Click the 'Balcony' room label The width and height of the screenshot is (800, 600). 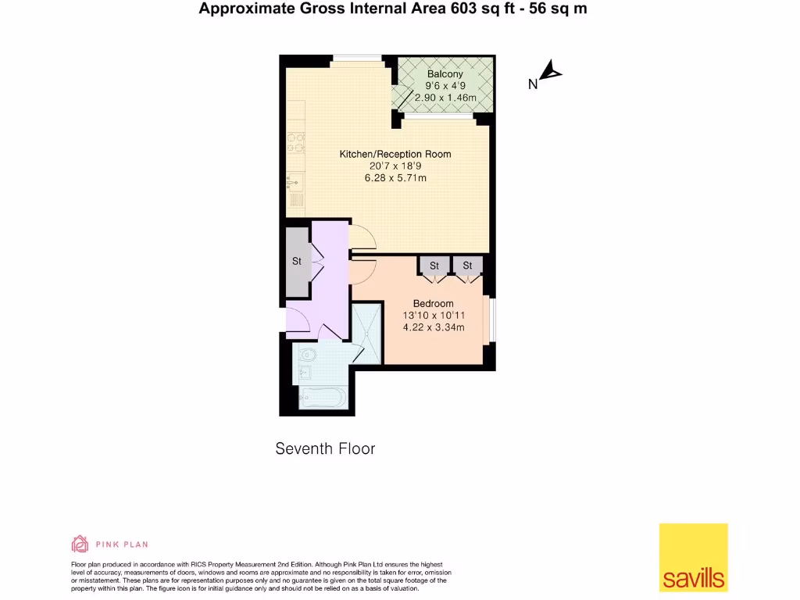pyautogui.click(x=445, y=74)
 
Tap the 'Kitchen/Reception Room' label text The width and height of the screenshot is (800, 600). pyautogui.click(x=395, y=154)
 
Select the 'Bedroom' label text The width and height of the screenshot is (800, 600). pyautogui.click(x=433, y=303)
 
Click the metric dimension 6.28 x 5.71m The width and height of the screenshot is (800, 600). pyautogui.click(x=395, y=178)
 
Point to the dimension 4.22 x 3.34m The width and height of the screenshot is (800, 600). pyautogui.click(x=433, y=327)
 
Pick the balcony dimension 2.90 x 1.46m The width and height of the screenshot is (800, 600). pyautogui.click(x=445, y=98)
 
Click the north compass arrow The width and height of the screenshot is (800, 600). pyautogui.click(x=552, y=72)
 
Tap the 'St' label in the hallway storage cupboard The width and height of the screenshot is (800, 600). pyautogui.click(x=297, y=261)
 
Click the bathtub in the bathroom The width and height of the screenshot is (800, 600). pyautogui.click(x=323, y=398)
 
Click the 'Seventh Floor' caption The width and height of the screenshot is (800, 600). pyautogui.click(x=325, y=448)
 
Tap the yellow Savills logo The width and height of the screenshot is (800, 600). pyautogui.click(x=693, y=557)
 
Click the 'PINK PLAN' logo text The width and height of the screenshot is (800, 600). pyautogui.click(x=121, y=545)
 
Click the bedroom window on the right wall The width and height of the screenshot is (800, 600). pyautogui.click(x=491, y=319)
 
